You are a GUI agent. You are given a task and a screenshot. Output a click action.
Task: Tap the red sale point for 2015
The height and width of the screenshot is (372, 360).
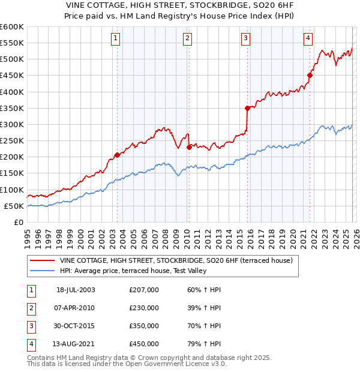pos(247,108)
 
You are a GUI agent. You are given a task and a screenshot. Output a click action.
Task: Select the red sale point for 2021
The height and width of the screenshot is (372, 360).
pos(310,75)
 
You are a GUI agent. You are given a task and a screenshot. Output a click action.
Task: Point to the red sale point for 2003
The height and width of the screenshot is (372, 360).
pos(117,154)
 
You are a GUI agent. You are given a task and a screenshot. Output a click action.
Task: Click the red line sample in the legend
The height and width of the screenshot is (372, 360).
pos(42,260)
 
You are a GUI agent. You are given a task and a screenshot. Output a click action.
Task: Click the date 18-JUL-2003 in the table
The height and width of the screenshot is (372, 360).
pos(76,290)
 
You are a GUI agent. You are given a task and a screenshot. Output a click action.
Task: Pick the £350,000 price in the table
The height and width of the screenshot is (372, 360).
pos(144,326)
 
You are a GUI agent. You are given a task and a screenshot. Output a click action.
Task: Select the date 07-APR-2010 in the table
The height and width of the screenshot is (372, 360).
pos(76,308)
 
